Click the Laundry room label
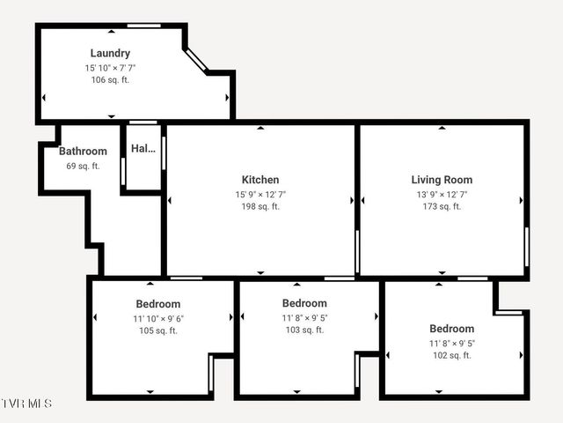click(x=110, y=54)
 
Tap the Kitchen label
click(x=260, y=180)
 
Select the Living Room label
click(x=442, y=180)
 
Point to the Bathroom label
click(x=83, y=152)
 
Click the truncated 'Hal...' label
click(x=143, y=149)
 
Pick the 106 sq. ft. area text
click(x=110, y=80)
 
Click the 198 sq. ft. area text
click(x=260, y=207)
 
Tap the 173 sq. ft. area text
click(x=442, y=207)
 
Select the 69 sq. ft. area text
click(x=83, y=166)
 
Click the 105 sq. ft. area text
click(x=158, y=331)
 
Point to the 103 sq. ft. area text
click(x=304, y=330)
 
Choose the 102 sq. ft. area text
click(x=451, y=356)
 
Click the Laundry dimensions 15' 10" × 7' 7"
click(x=110, y=68)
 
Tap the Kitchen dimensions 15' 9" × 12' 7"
click(x=260, y=194)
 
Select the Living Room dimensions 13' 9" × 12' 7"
click(x=442, y=194)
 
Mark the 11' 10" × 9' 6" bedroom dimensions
click(x=158, y=319)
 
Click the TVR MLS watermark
click(x=26, y=404)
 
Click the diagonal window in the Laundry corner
click(x=197, y=60)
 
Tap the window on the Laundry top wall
click(x=144, y=26)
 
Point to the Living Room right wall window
click(x=527, y=247)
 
